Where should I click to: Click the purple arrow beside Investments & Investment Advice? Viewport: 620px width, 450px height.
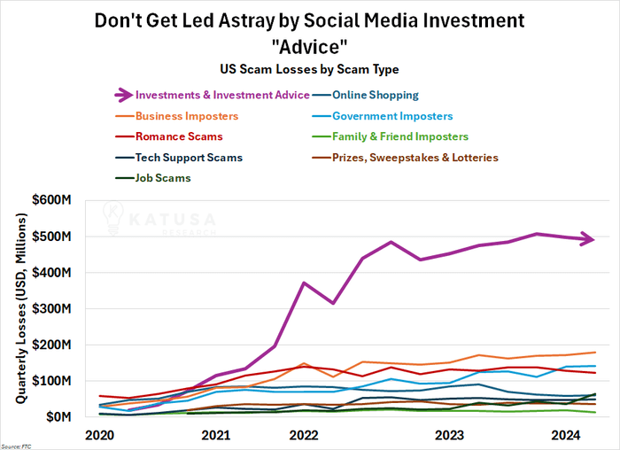tap(124, 95)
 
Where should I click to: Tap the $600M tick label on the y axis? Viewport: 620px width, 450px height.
tap(51, 200)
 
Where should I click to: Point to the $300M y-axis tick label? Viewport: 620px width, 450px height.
tap(51, 308)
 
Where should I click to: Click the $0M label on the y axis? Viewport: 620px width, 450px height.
tap(58, 417)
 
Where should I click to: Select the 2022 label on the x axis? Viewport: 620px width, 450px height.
tap(304, 435)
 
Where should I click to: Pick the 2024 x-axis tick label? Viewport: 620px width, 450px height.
tap(566, 435)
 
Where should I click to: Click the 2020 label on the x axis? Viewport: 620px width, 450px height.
tap(99, 435)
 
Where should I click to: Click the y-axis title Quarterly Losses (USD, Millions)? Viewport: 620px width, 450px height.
tap(21, 308)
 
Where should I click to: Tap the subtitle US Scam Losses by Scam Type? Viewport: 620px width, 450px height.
tap(309, 69)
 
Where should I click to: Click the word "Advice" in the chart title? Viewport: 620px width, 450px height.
tap(309, 47)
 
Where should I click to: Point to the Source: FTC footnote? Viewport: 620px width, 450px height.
tap(16, 446)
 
